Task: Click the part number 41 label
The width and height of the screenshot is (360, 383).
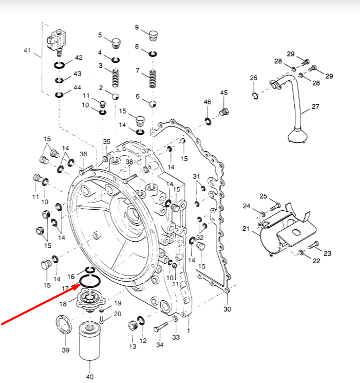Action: pyautogui.click(x=27, y=50)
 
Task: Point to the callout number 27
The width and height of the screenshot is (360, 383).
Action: pyautogui.click(x=315, y=107)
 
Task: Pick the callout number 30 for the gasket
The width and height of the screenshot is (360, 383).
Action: pyautogui.click(x=228, y=309)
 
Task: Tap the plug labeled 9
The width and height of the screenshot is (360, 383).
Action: pyautogui.click(x=153, y=36)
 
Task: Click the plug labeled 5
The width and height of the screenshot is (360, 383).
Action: pyautogui.click(x=116, y=42)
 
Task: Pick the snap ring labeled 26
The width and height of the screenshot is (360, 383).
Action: pyautogui.click(x=255, y=96)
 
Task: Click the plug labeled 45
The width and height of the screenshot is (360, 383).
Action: pyautogui.click(x=223, y=111)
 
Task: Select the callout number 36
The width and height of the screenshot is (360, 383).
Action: pyautogui.click(x=83, y=154)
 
